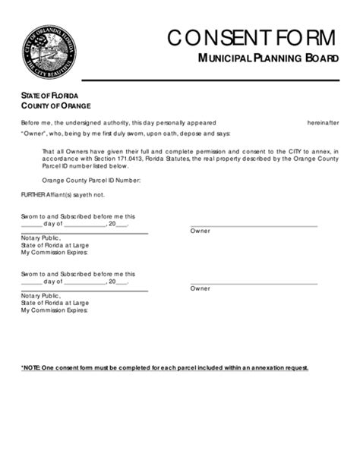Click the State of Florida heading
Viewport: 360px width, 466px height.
[x=49, y=95]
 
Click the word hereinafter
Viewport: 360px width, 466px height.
[x=323, y=121]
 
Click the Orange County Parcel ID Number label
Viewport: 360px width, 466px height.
[x=91, y=180]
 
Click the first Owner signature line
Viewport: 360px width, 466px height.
[x=253, y=226]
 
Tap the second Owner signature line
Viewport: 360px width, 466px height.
[x=253, y=284]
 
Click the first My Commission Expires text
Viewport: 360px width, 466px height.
[x=54, y=252]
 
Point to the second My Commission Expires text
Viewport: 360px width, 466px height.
[x=54, y=310]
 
